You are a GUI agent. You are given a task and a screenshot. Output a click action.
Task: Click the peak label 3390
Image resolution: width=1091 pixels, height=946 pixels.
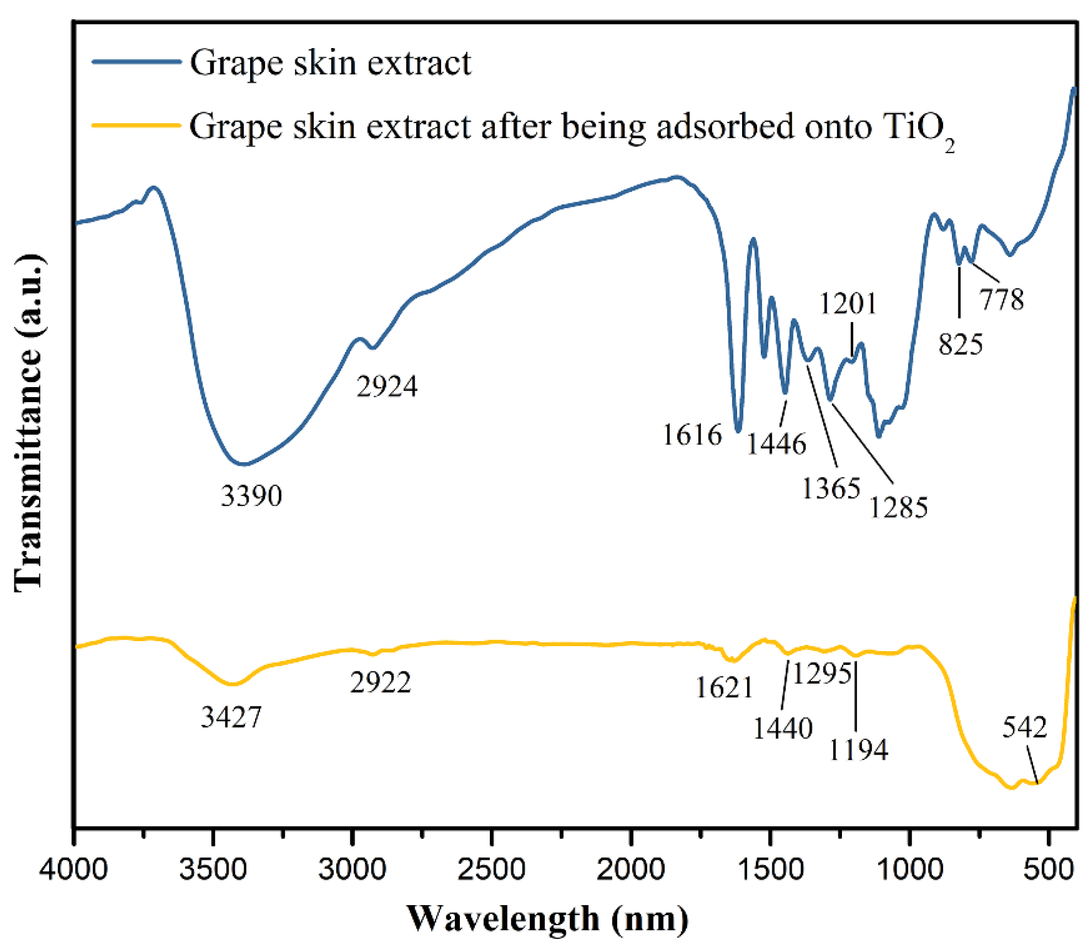pos(251,496)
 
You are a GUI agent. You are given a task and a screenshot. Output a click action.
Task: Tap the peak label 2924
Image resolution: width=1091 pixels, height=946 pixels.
pos(386,387)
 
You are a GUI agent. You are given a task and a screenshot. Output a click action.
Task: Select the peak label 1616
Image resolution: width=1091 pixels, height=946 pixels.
pos(692,435)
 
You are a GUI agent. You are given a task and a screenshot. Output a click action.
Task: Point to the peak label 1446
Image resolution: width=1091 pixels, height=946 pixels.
pos(776,444)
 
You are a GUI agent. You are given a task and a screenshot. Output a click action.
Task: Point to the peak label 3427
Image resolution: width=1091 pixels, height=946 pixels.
pos(231,718)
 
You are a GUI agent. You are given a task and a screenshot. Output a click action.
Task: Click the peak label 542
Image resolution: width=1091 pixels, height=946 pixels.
pos(1024,728)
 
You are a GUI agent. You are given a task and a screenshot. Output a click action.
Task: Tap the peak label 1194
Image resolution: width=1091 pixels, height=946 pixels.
pos(859,751)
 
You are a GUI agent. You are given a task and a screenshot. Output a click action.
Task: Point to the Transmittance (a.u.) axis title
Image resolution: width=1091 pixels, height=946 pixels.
pos(29,424)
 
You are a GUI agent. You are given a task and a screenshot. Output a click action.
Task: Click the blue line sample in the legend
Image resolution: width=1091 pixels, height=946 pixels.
pos(136,62)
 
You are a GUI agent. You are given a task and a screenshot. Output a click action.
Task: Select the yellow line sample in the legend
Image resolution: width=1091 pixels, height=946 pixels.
pos(136,125)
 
